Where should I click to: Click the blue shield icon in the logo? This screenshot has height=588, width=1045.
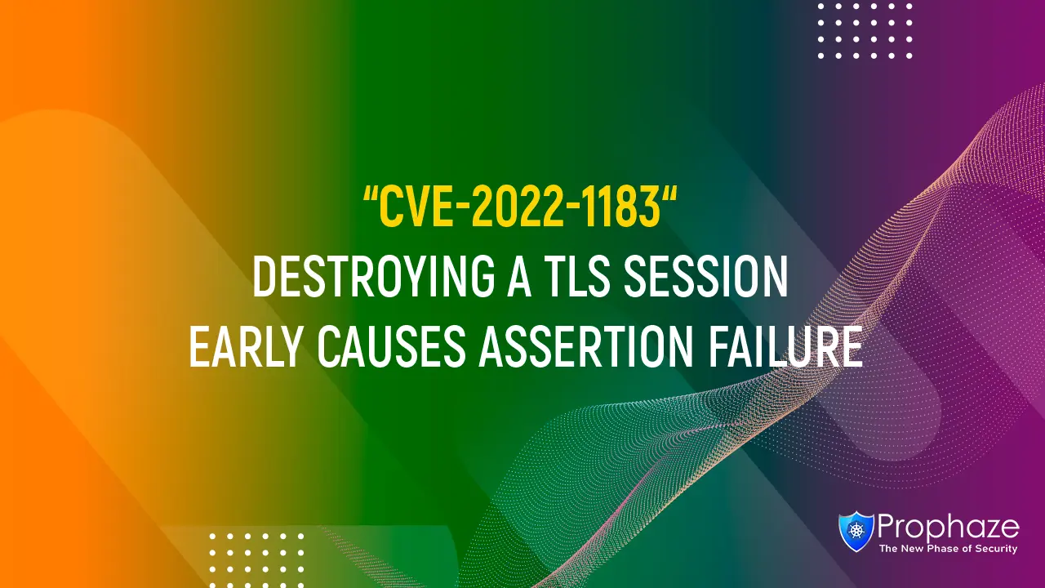pos(856,532)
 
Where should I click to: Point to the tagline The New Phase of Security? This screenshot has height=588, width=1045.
pos(948,550)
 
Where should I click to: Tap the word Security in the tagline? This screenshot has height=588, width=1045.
pos(995,550)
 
